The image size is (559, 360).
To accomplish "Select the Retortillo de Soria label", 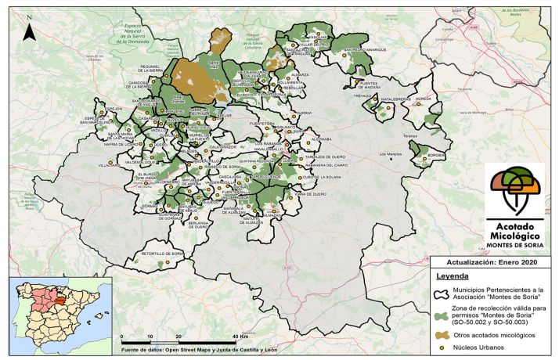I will pyautogui.click(x=162, y=254).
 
